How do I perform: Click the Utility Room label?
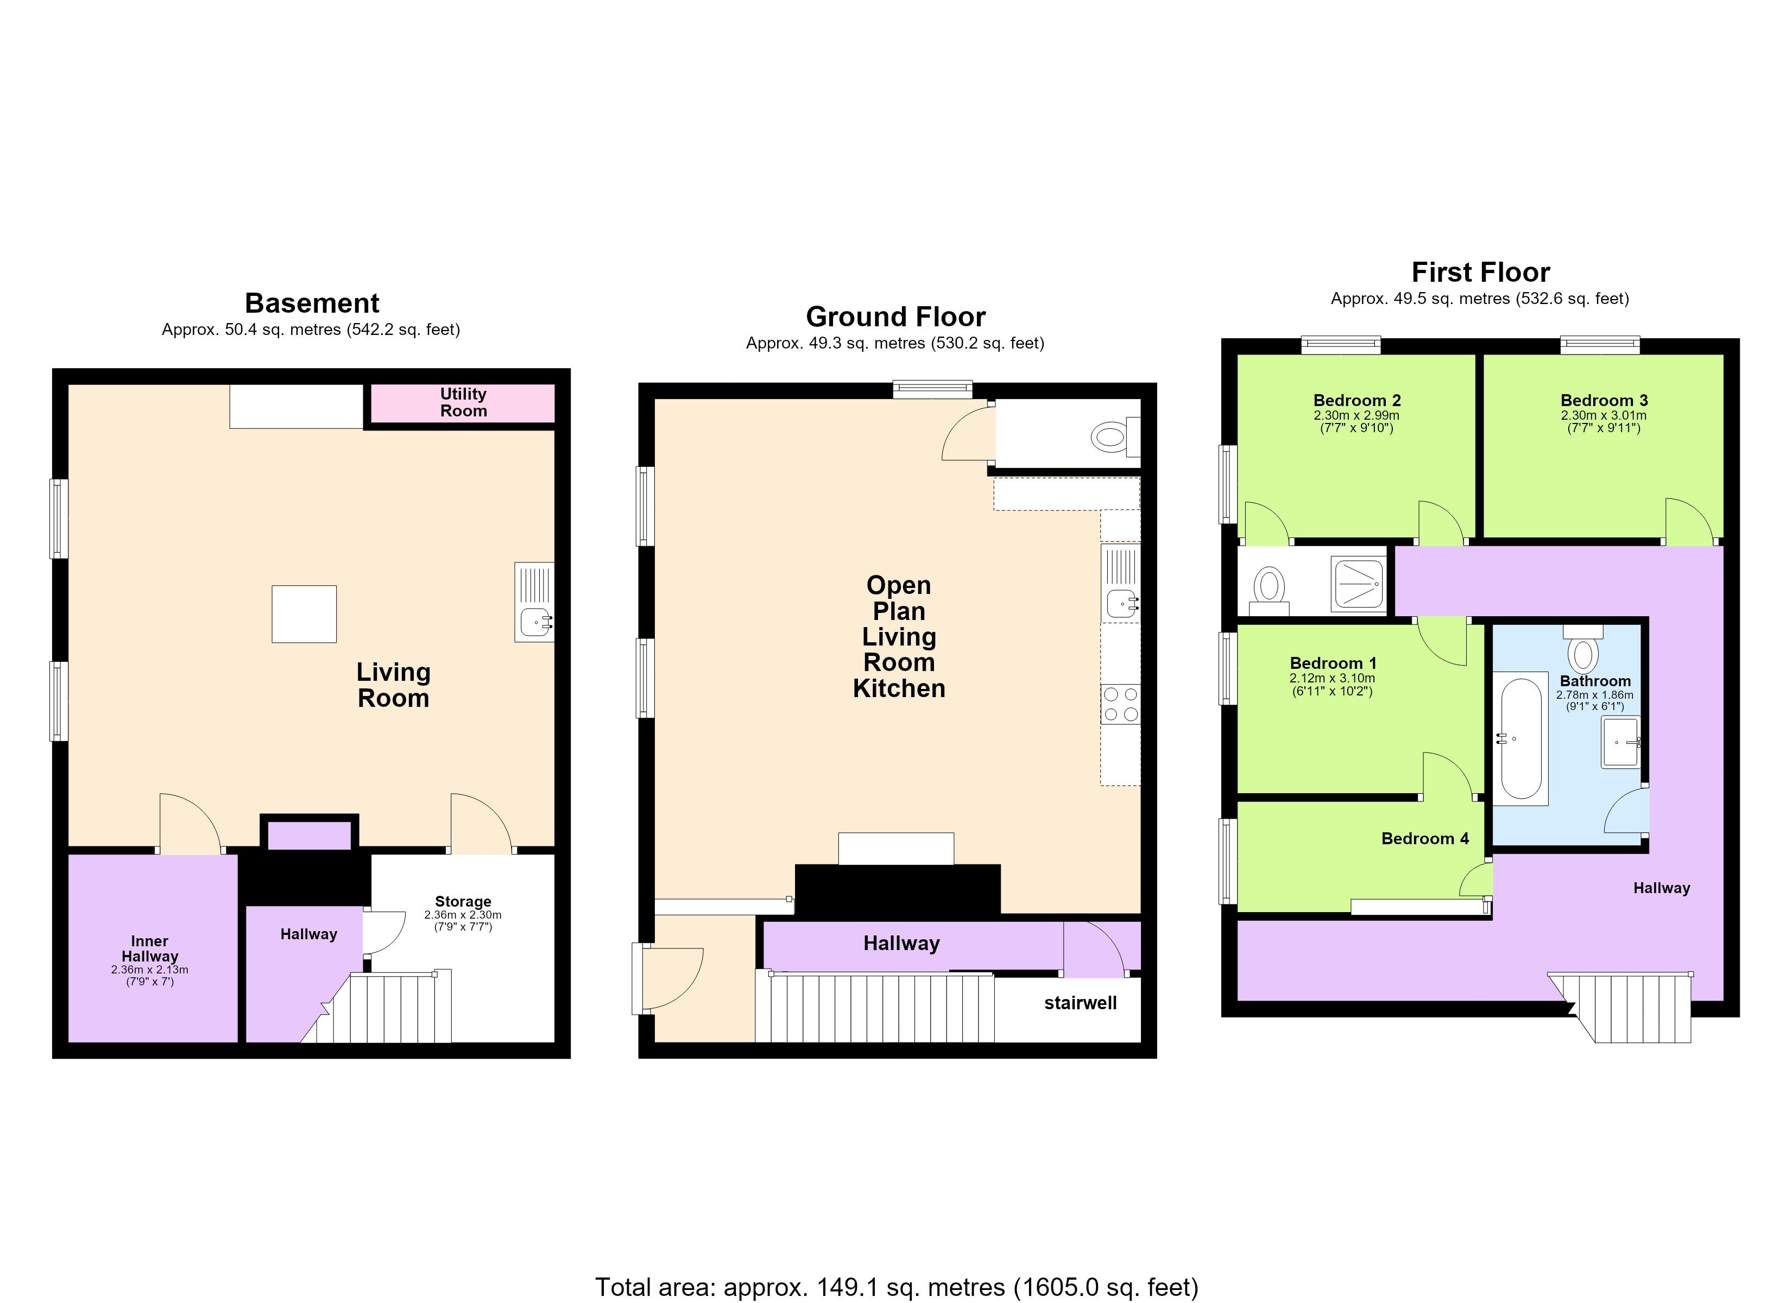pos(463,402)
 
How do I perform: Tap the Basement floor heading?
pos(312,303)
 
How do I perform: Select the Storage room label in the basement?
pos(463,902)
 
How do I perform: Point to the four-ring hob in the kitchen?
pos(1120,704)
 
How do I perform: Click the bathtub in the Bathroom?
pos(1520,739)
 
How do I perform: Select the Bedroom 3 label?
pos(1604,401)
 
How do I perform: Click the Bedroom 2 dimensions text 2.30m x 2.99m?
pos(1356,416)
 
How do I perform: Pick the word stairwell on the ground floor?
pos(1080,1003)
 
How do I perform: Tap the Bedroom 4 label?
pos(1424,838)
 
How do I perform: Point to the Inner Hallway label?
pos(149,948)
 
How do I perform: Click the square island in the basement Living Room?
pos(304,614)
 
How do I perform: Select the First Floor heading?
pos(1481,273)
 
